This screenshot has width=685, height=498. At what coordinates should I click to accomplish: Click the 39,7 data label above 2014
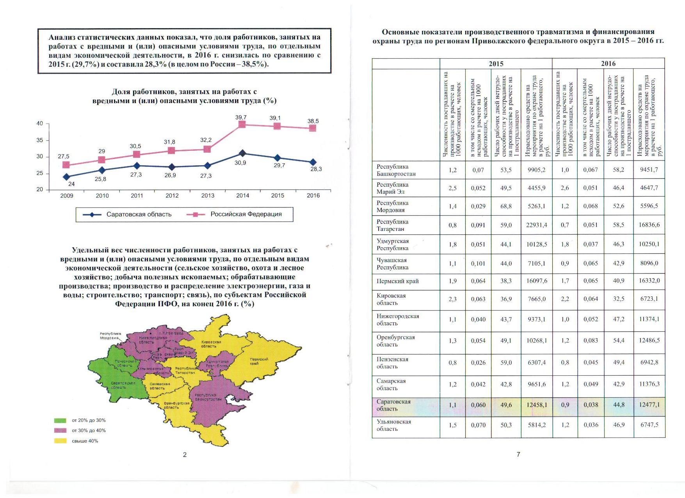[x=241, y=118]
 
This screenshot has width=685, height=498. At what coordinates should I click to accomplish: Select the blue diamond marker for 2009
[x=66, y=177]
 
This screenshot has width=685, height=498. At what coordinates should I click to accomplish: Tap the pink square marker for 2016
[x=313, y=128]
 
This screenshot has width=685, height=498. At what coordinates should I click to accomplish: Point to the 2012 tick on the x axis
[x=172, y=196]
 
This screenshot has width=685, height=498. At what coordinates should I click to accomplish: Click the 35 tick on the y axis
[x=40, y=140]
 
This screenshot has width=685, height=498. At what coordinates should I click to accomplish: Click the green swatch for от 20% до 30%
[x=60, y=421]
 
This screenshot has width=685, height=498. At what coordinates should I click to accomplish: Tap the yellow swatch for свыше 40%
[x=60, y=441]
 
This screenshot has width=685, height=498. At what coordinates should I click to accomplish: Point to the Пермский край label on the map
[x=259, y=361]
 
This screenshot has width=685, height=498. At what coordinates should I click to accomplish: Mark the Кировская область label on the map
[x=211, y=344]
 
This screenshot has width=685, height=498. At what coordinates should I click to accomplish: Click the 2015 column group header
[x=496, y=64]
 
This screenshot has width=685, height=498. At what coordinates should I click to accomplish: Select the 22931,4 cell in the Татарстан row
[x=536, y=225]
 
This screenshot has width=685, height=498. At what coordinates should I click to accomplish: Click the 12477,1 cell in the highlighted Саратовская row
[x=649, y=405]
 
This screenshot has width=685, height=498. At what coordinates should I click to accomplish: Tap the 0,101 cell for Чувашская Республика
[x=478, y=264]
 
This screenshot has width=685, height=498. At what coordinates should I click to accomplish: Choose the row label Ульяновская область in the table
[x=393, y=425]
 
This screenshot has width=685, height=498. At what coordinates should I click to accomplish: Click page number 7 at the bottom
[x=518, y=454]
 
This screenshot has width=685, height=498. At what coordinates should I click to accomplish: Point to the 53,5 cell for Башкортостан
[x=506, y=170]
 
